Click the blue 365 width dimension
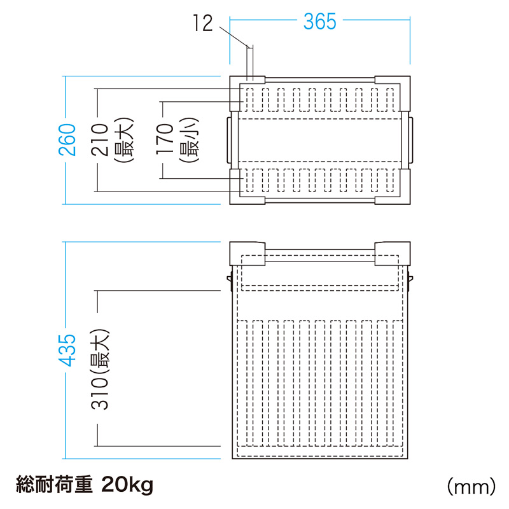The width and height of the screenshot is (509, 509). (319, 22)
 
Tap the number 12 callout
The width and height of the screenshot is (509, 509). (202, 24)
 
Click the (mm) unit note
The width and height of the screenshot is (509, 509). (471, 487)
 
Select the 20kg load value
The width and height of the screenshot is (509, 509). (125, 486)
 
